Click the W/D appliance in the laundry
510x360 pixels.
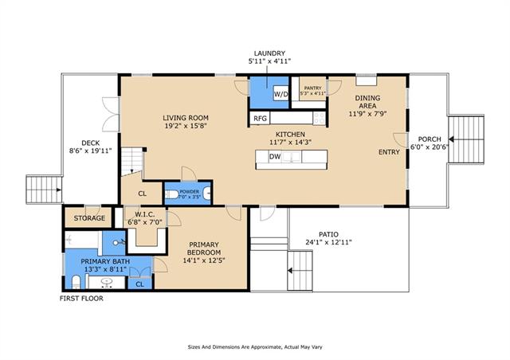(x=281, y=93)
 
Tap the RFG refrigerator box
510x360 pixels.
(x=260, y=119)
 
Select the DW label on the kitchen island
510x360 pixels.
(x=275, y=157)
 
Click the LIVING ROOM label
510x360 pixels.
(x=186, y=118)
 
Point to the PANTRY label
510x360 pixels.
(x=312, y=88)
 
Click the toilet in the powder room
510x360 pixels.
(x=172, y=195)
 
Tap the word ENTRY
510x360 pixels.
(x=389, y=152)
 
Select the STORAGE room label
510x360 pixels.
(x=89, y=218)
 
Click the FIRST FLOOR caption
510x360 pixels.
(x=81, y=298)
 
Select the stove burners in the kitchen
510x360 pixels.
(x=319, y=118)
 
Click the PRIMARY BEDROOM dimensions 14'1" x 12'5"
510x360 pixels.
(x=204, y=260)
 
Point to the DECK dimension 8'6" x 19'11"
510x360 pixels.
(x=90, y=151)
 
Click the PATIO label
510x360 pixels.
(x=328, y=234)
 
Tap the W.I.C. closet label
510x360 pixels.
(x=145, y=214)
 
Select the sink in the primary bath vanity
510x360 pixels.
(x=106, y=282)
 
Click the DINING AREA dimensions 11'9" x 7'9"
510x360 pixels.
(x=367, y=114)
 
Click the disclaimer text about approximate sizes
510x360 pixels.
(x=255, y=347)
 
